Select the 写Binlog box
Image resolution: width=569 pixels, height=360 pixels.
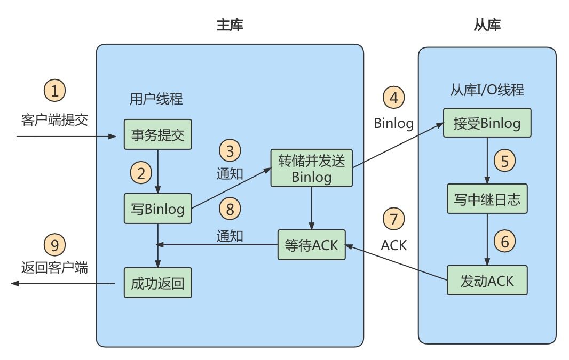click(x=157, y=208)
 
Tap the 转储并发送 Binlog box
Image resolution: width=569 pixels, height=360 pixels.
click(x=312, y=168)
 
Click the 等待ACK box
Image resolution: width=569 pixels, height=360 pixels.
click(x=312, y=244)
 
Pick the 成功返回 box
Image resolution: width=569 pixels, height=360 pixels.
click(x=157, y=283)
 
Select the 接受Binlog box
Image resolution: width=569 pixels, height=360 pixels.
click(x=486, y=124)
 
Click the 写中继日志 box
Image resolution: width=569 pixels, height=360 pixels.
click(x=486, y=201)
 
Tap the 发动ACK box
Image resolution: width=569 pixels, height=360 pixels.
click(x=486, y=279)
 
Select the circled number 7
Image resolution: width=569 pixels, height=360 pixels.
click(x=394, y=219)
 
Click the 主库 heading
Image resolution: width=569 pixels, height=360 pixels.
click(x=230, y=25)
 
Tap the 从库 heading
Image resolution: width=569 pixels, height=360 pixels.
click(x=487, y=25)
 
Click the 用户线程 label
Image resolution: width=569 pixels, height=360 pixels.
click(x=156, y=99)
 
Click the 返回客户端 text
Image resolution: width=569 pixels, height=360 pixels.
click(x=54, y=268)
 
